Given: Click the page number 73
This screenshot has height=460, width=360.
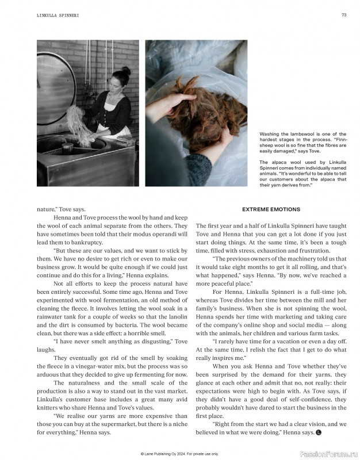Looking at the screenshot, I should pos(343,16).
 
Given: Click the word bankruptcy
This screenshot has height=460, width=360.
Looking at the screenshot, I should pos(77,242).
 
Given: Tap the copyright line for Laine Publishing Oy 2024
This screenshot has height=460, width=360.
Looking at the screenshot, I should pos(180,454).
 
